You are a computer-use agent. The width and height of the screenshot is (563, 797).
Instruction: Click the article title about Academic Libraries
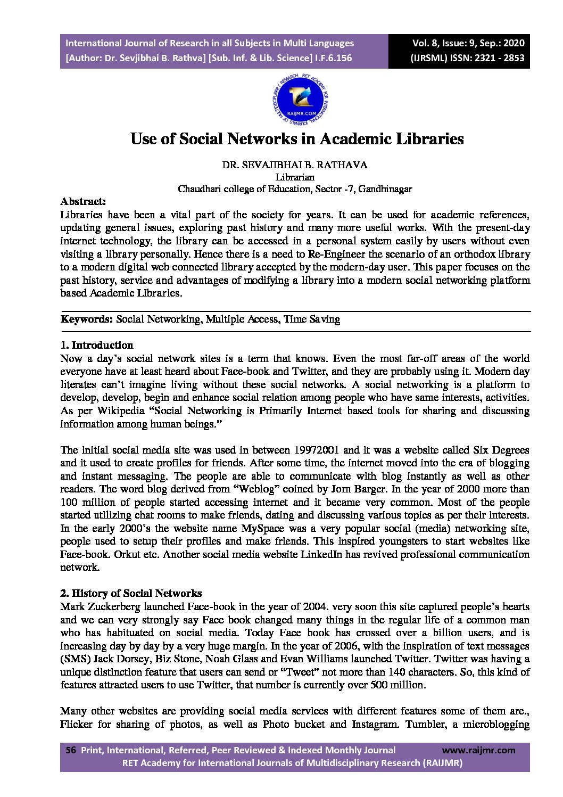click(x=297, y=139)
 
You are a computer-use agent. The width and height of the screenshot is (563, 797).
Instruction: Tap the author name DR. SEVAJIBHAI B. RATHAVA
click(x=295, y=165)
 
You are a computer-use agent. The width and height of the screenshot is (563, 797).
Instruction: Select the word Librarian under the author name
click(x=295, y=177)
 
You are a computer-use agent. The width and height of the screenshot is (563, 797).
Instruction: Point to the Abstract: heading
click(x=83, y=202)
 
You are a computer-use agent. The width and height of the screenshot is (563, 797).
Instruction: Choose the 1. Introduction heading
click(x=97, y=346)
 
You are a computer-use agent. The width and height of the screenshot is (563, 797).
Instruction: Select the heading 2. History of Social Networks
click(x=131, y=594)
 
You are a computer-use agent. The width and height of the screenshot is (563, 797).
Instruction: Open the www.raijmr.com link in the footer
click(x=478, y=750)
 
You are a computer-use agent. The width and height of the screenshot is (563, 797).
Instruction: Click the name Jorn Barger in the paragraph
click(x=351, y=489)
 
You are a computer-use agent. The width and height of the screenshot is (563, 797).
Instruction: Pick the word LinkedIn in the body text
click(x=321, y=555)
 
